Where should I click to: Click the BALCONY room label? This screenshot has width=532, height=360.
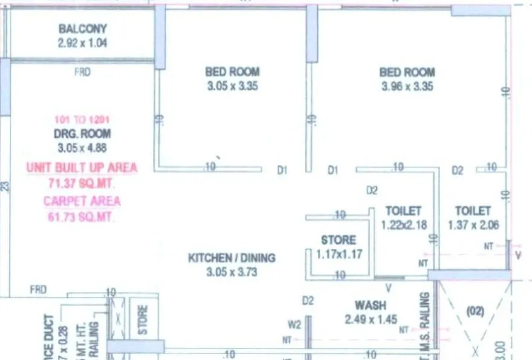pos(82,28)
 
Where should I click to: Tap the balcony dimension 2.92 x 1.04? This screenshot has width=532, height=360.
pos(82,43)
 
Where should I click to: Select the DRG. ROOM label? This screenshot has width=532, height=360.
pos(82,134)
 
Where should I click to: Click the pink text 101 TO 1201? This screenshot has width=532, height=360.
pos(82,120)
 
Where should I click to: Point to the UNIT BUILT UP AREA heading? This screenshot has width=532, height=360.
pos(82,168)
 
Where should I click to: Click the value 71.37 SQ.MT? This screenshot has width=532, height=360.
pos(82,183)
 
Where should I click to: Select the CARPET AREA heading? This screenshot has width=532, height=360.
pos(82,201)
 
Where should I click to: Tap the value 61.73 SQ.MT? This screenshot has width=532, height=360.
pos(82,216)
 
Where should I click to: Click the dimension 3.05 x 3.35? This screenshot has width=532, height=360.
pos(232,86)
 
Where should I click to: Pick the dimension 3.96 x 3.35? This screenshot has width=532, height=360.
pos(407,86)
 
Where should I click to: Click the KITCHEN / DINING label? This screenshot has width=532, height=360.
pos(232,258)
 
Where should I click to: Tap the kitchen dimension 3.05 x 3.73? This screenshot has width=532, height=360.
pos(232,272)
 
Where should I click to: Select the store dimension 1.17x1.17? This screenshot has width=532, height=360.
pos(339,254)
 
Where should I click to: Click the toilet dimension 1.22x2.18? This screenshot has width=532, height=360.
pos(403,224)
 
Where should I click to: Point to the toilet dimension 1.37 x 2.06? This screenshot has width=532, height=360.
pos(473,224)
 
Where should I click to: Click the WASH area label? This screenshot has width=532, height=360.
pos(371,306)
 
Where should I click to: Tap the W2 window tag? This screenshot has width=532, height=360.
pos(294,325)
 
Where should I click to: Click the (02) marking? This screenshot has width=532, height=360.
pos(476,313)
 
